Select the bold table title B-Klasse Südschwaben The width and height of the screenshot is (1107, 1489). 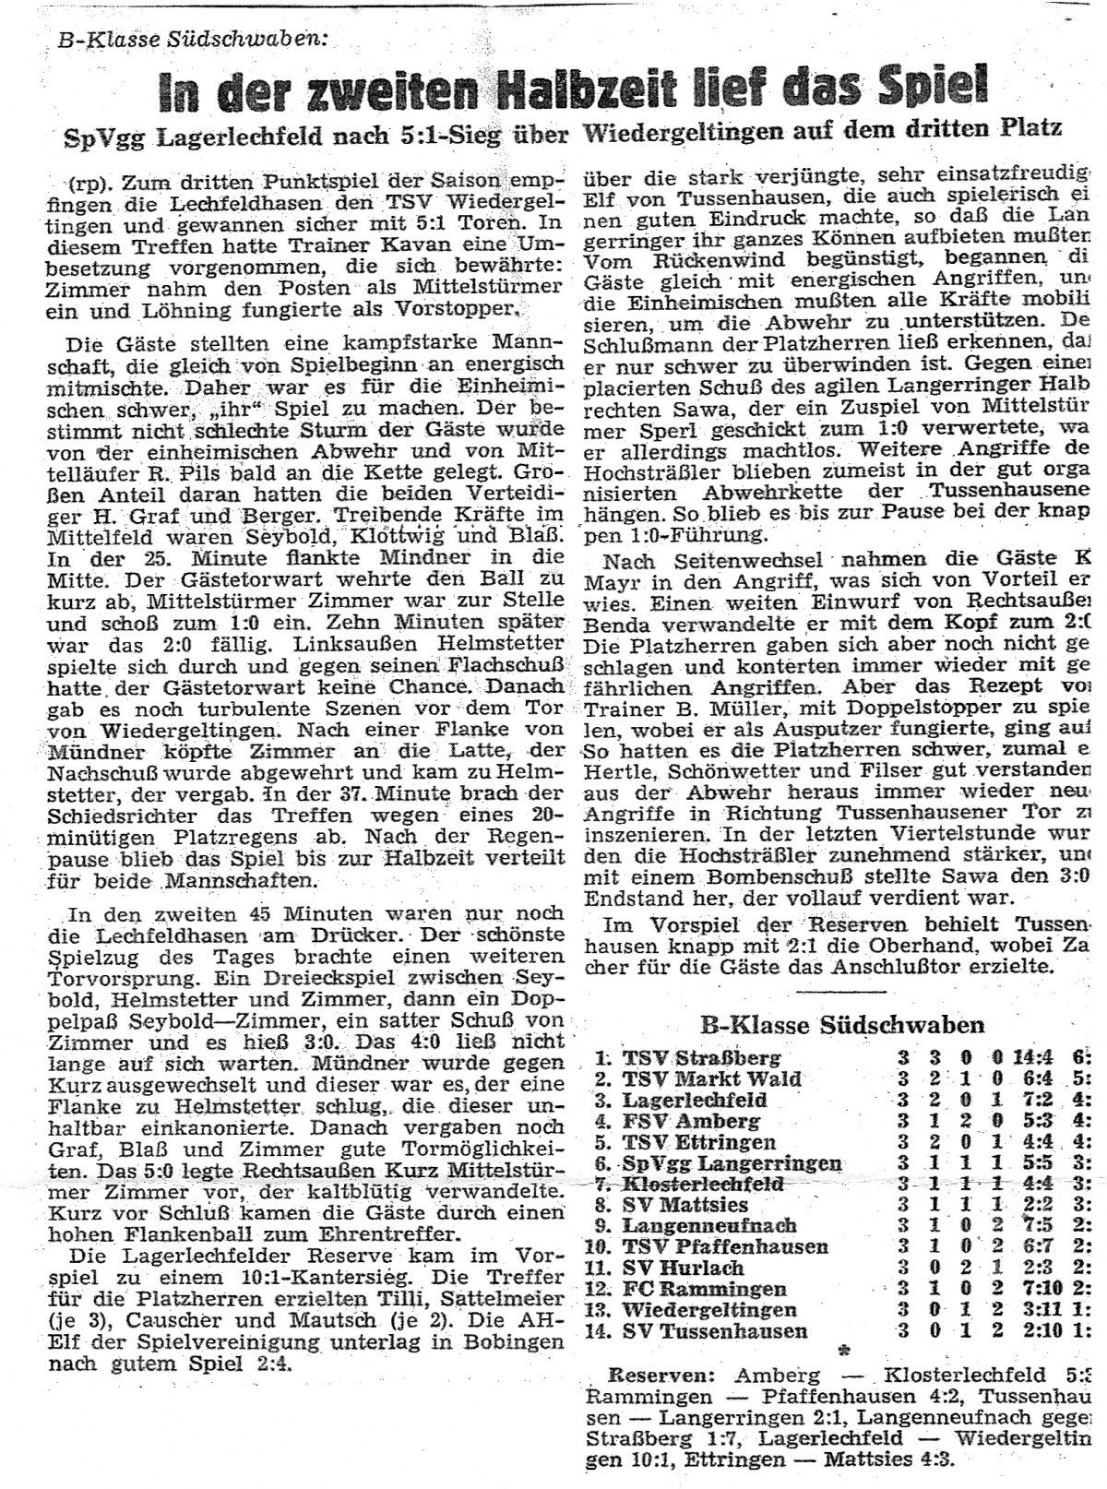coord(841,1025)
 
